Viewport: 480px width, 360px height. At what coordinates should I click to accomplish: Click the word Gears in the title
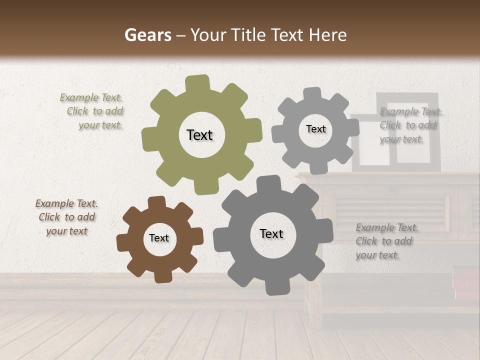point(147,35)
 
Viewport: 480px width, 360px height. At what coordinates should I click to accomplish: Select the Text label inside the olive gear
point(199,135)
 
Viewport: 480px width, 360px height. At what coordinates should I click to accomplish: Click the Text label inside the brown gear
point(159,238)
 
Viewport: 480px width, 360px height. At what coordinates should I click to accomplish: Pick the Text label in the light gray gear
point(315,129)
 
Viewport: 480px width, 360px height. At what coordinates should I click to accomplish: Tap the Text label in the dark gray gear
point(271,233)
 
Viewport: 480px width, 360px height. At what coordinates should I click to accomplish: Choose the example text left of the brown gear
point(66,217)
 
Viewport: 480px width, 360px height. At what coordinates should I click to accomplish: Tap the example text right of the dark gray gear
point(386,241)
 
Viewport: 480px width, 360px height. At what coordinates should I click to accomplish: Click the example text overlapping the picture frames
point(410,125)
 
